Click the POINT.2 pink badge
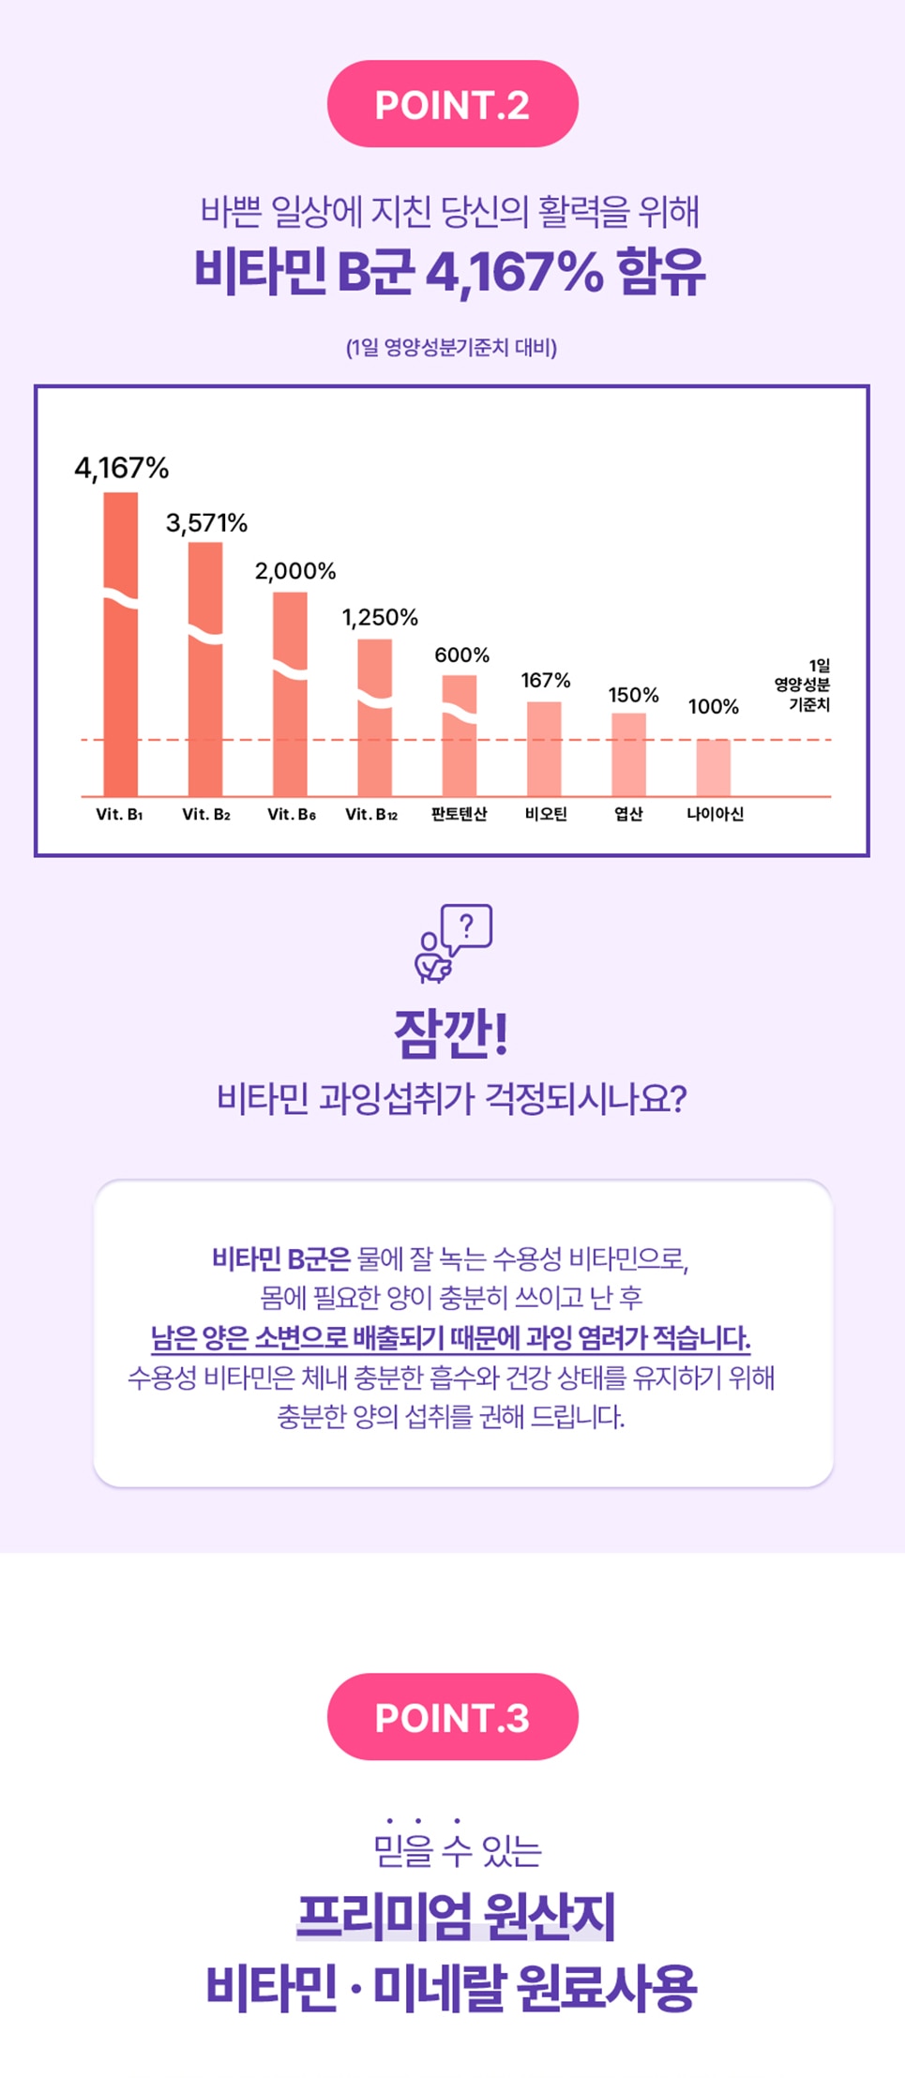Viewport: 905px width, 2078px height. click(452, 104)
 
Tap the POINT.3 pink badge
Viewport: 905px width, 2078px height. click(452, 1717)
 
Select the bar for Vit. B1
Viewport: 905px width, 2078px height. click(121, 656)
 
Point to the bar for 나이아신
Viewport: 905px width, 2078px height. click(713, 768)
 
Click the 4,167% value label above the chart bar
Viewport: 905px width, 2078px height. click(122, 468)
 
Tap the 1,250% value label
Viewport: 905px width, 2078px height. click(380, 617)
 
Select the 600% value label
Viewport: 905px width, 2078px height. click(461, 655)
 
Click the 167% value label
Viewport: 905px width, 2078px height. click(546, 680)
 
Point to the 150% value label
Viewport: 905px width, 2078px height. click(633, 695)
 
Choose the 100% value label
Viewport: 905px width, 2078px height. click(713, 706)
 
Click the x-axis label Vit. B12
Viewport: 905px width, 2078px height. click(371, 814)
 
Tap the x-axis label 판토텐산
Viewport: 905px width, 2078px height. click(459, 814)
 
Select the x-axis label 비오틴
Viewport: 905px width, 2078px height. click(546, 814)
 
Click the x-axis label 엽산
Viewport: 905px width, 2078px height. click(628, 814)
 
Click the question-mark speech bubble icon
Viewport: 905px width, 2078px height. click(465, 928)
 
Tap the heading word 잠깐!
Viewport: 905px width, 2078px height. click(451, 1033)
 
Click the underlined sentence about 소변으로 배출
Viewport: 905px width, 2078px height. click(451, 1337)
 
